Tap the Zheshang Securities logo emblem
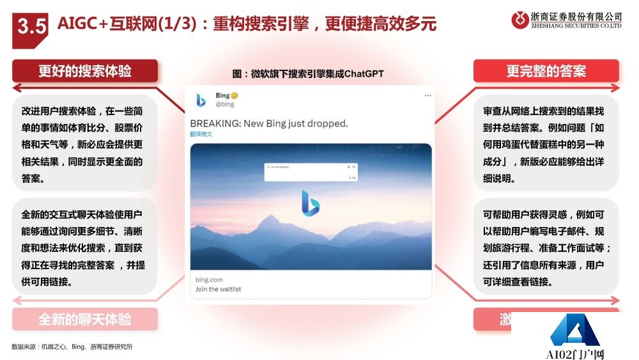(x=520, y=19)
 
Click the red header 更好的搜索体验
(x=85, y=71)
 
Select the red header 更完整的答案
(x=546, y=71)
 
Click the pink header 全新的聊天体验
(x=85, y=319)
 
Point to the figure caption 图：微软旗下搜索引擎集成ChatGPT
(x=308, y=74)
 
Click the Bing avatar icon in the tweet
(x=201, y=100)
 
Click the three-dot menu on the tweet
(x=427, y=96)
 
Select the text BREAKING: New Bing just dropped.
(x=268, y=123)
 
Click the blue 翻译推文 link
(x=201, y=134)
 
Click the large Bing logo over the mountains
(x=311, y=203)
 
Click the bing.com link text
(x=210, y=279)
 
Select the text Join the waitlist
(x=219, y=289)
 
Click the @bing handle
(x=224, y=104)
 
